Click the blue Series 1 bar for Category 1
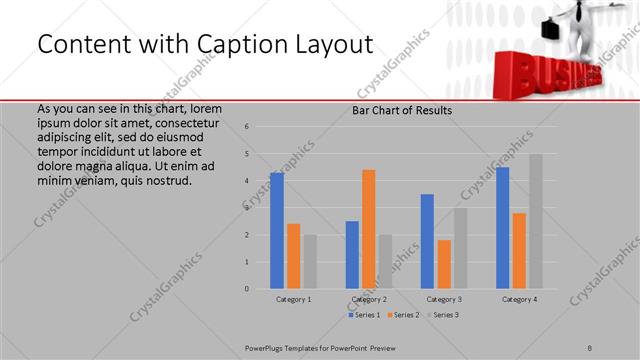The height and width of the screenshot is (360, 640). [x=277, y=231]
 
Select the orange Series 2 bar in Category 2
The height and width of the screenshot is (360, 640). [x=368, y=229]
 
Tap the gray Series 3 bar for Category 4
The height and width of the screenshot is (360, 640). [x=536, y=221]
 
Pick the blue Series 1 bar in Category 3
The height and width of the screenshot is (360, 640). [x=427, y=241]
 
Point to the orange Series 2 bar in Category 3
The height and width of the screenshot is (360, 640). [x=444, y=264]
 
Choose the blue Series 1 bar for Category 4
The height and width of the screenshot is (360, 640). [x=502, y=228]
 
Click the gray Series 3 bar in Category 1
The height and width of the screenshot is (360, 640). [x=310, y=262]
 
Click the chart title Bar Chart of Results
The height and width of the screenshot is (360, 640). [x=402, y=110]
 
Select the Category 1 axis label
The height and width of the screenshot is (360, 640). [x=293, y=299]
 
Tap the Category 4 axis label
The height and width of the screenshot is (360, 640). [x=519, y=299]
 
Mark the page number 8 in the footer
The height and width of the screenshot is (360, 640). [x=590, y=347]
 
